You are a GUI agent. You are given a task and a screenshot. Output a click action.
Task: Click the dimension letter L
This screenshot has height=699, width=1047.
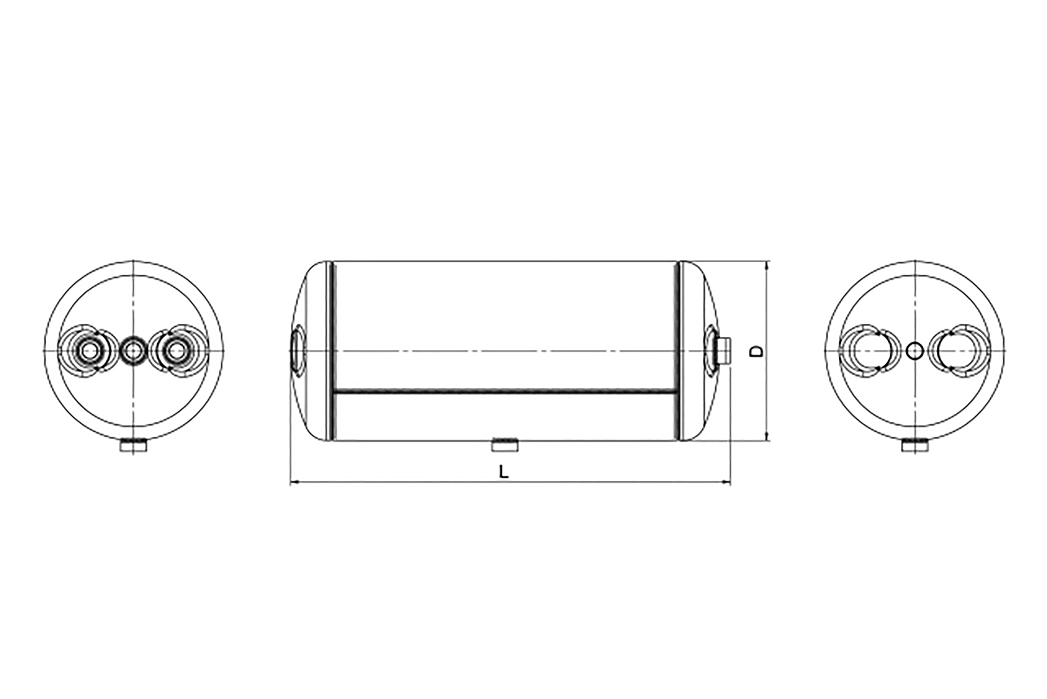[503, 471]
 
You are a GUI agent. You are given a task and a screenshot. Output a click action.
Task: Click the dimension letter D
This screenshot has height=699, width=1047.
[756, 351]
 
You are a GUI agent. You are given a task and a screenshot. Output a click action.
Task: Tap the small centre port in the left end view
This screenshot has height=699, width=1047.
[133, 351]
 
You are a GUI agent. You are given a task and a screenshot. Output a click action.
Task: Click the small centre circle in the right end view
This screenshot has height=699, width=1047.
[915, 351]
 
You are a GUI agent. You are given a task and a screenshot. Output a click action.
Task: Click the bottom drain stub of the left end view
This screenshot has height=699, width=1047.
[133, 446]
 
